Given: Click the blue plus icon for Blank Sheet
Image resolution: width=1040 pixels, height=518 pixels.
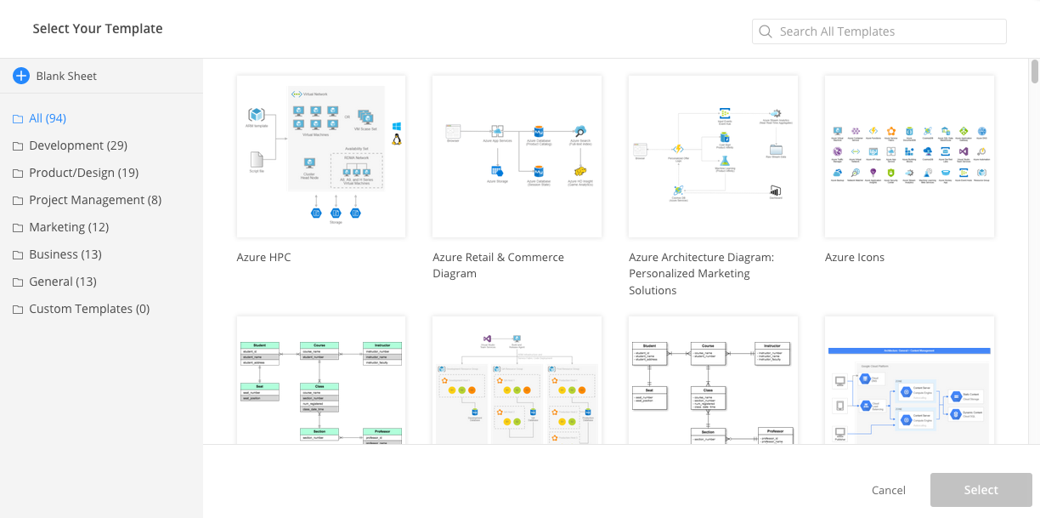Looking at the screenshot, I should coord(21,76).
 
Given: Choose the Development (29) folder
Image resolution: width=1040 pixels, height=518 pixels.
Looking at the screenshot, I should coord(77,145).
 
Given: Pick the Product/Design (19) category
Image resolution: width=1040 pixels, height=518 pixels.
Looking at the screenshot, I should coord(83,173).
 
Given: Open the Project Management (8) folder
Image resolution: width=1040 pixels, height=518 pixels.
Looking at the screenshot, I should coord(94,200).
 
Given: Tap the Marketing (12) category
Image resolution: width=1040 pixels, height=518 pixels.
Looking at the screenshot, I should coord(68,227).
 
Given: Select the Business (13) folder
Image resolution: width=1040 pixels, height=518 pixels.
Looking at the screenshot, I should coord(65,254).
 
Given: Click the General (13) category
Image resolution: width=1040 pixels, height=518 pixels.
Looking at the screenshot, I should coord(62,282).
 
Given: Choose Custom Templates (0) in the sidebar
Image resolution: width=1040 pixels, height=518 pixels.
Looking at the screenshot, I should coord(88,309).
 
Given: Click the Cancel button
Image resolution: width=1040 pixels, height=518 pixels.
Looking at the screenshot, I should coord(888,490).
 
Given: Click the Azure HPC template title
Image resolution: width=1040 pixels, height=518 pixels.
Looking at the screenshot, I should coord(263,257).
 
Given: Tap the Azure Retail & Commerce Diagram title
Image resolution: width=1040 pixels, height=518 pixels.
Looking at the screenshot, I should coord(498,265).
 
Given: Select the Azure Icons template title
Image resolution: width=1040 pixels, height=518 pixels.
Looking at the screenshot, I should coord(854,257).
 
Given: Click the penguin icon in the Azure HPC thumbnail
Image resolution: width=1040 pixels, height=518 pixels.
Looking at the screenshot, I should coord(397,139).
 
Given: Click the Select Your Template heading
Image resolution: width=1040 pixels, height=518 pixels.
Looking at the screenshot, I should coord(98,28).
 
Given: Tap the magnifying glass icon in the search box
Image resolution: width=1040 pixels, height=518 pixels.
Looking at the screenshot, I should coord(766,31).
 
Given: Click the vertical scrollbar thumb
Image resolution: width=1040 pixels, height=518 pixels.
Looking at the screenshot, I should coord(1034,71).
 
